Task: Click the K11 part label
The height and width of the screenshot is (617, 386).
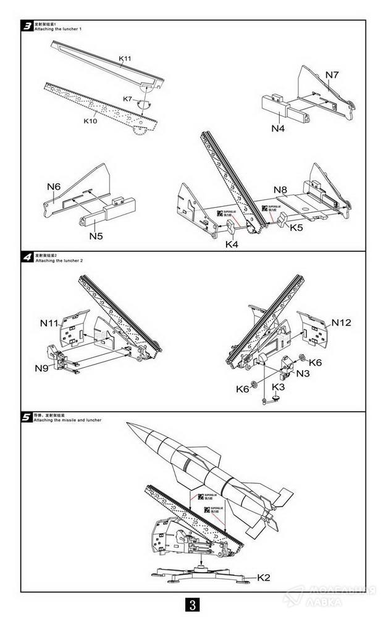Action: pos(125,58)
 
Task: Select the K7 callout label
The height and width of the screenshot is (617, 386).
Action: pos(128,99)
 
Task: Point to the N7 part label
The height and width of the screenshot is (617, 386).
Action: pos(332,75)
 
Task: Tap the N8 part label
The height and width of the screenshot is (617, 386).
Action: pos(280,189)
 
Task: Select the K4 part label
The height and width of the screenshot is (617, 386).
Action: pos(232,244)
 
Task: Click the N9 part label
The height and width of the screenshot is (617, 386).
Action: pos(42,368)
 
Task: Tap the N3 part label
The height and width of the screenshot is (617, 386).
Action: pos(303,373)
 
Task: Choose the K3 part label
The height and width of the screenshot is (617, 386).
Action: pos(279,386)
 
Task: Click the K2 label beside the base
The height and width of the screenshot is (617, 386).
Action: pos(264,578)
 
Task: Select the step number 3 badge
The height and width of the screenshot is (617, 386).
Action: pos(27,26)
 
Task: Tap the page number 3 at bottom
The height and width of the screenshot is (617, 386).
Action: pos(193,603)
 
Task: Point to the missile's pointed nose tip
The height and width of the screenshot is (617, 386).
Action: pos(127,423)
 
